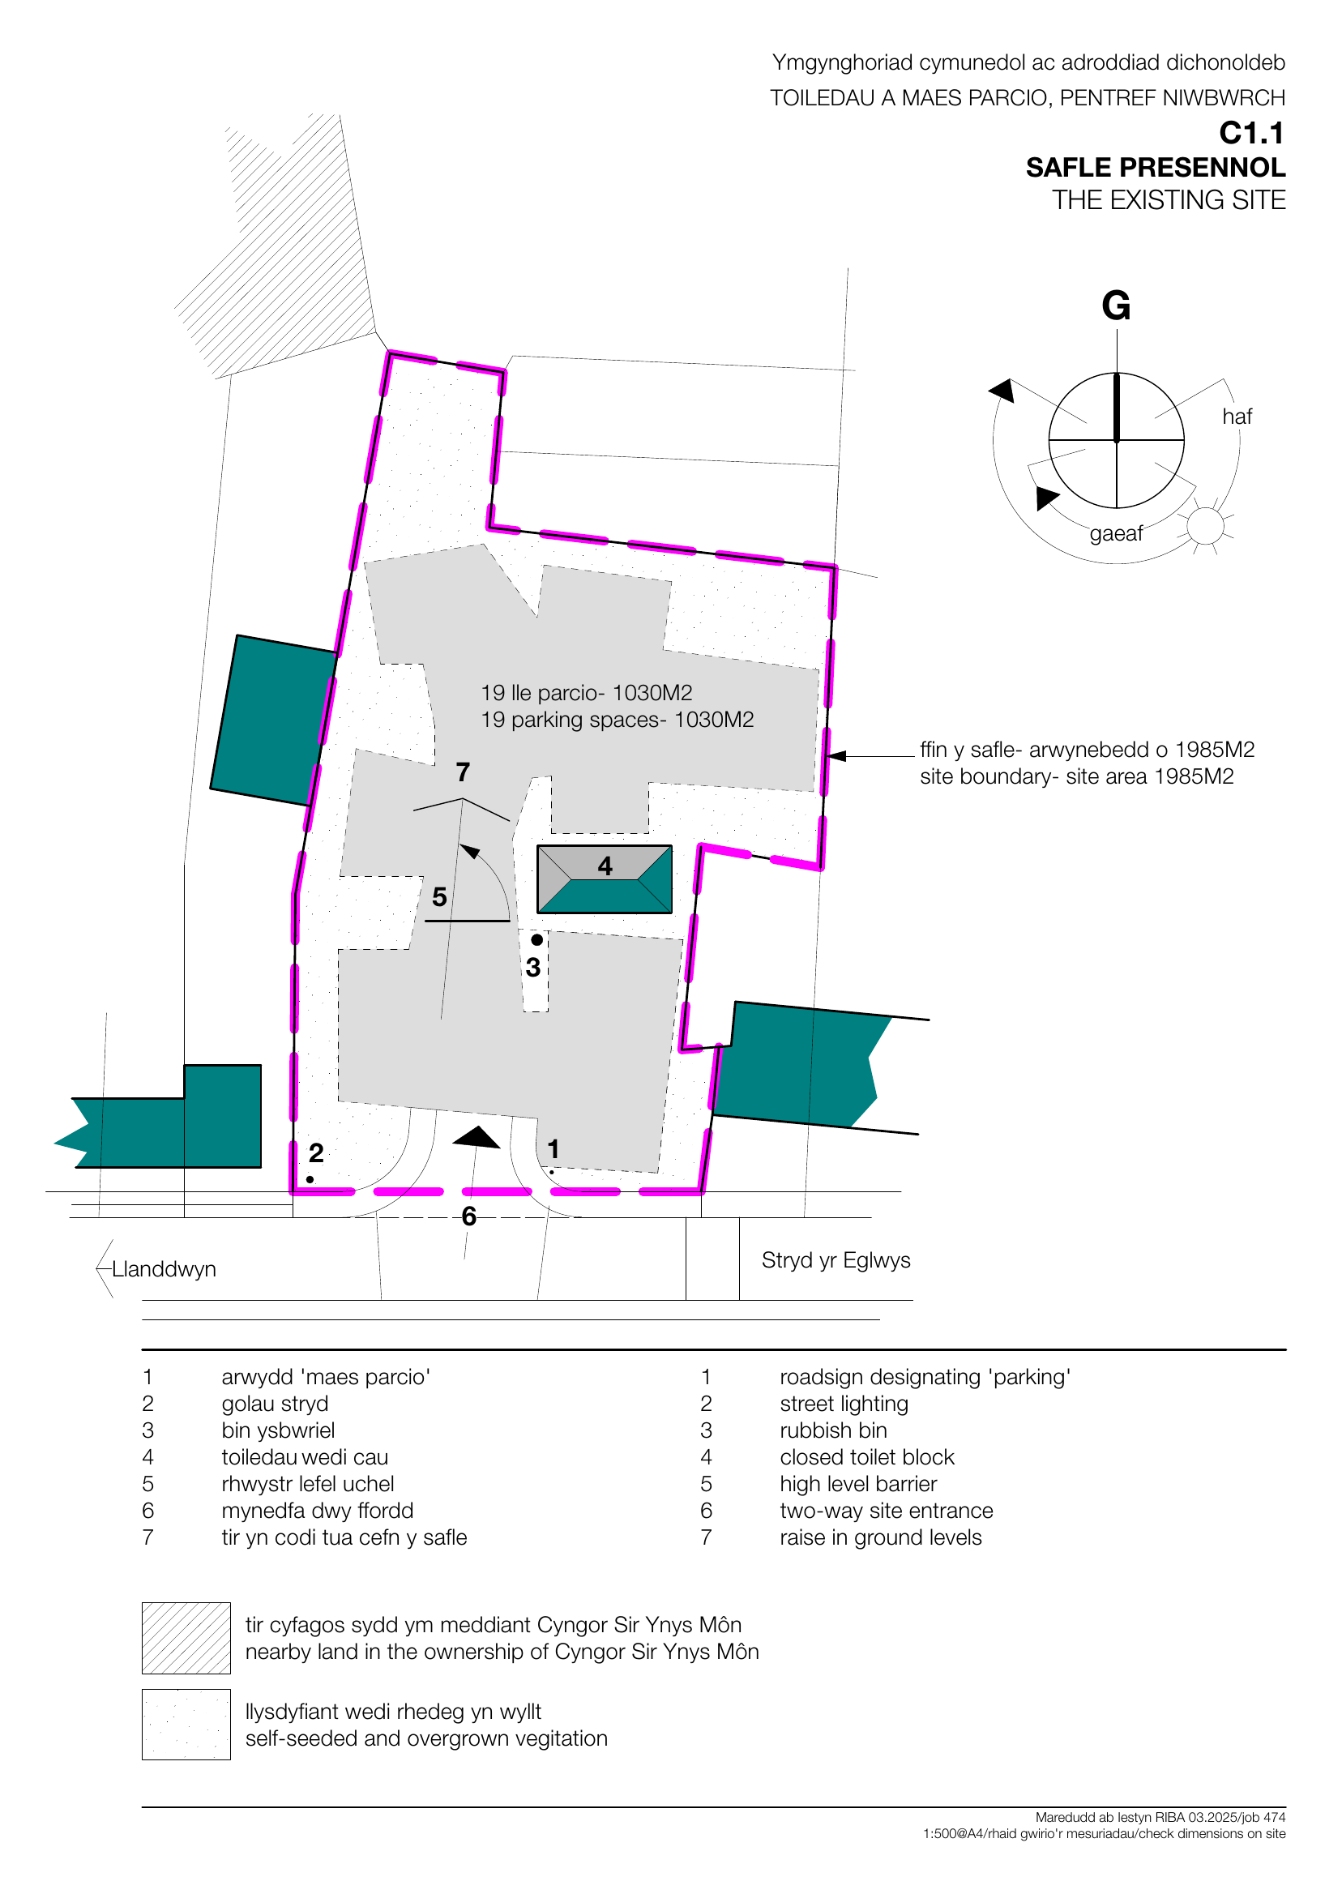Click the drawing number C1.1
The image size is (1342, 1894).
1251,133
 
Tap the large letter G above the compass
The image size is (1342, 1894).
1116,306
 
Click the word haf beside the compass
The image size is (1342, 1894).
1236,417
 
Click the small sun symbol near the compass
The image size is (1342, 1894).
1205,524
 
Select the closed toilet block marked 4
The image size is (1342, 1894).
604,879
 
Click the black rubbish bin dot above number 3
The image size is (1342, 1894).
537,939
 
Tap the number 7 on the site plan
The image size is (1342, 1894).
463,772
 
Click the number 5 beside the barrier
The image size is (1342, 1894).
439,896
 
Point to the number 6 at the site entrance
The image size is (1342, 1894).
468,1216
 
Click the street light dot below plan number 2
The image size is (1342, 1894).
310,1179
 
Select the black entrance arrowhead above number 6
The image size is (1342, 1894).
476,1139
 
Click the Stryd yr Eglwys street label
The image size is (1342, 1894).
836,1260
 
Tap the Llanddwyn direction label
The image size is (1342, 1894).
164,1269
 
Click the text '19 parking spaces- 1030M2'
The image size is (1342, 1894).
618,720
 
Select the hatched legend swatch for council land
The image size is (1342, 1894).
186,1638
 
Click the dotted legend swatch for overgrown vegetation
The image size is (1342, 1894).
186,1725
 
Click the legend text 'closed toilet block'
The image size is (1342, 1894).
866,1457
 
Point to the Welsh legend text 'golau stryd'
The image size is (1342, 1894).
275,1404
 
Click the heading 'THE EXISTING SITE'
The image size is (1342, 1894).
1168,200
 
